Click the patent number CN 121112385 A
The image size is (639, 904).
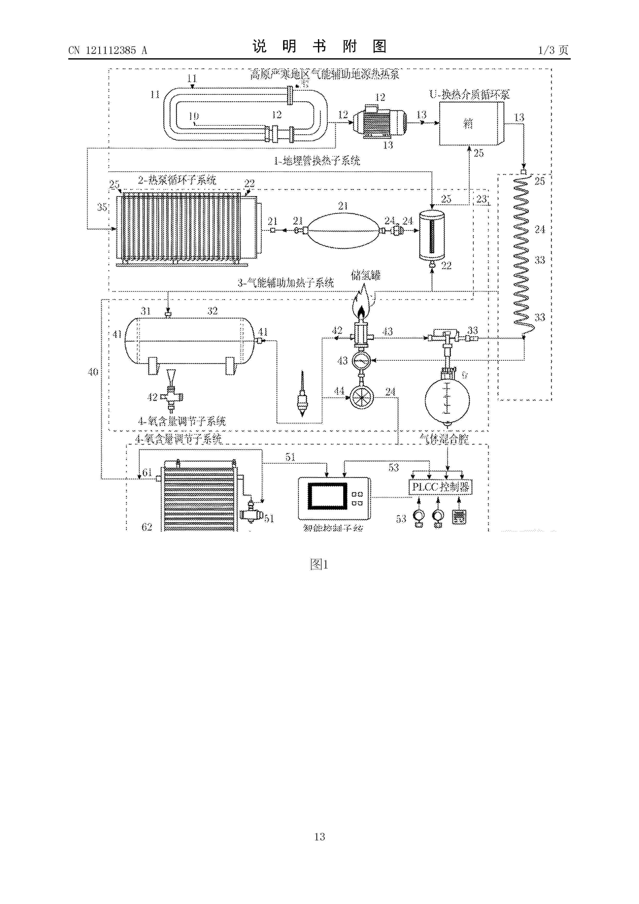[x=107, y=51]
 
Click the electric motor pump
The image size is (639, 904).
[x=379, y=122]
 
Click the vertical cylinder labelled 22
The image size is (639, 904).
[x=432, y=236]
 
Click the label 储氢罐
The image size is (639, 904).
[x=365, y=275]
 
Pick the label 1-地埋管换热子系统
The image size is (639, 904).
[x=317, y=161]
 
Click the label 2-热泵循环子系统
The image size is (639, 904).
[x=177, y=180]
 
